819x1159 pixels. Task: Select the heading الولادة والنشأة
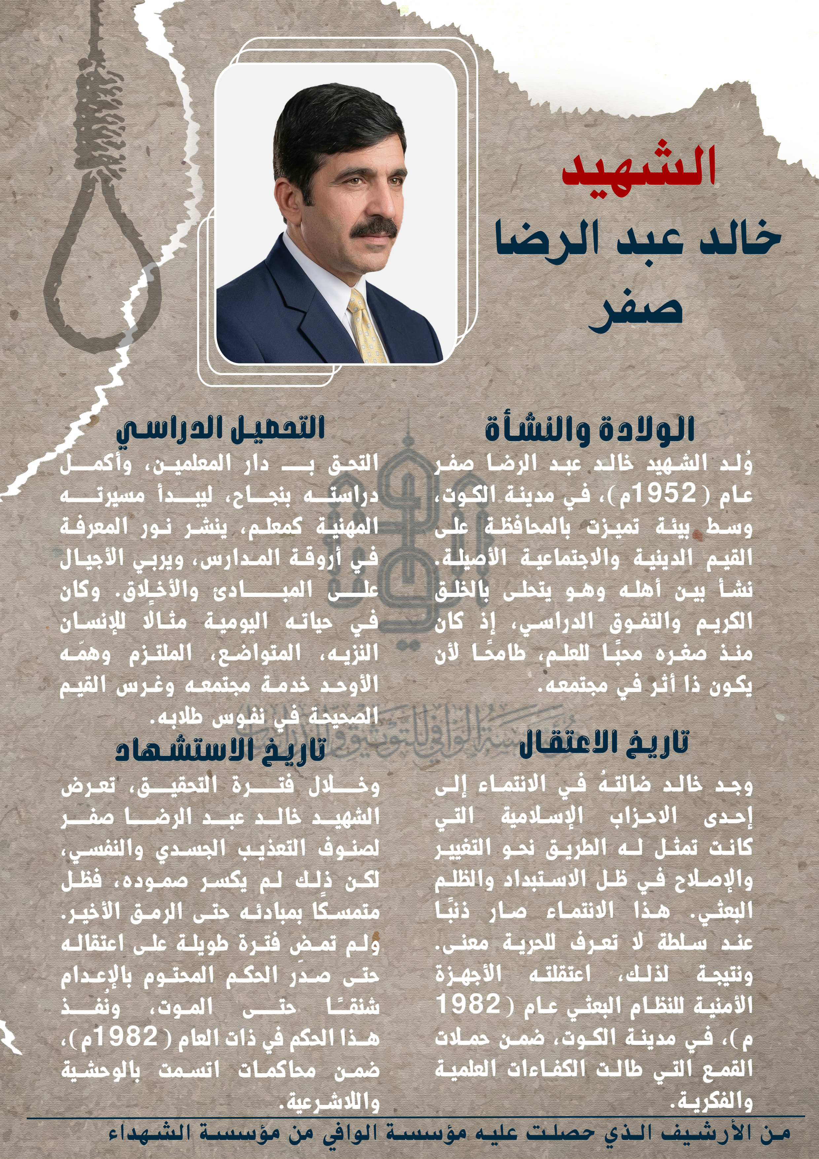(590, 430)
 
